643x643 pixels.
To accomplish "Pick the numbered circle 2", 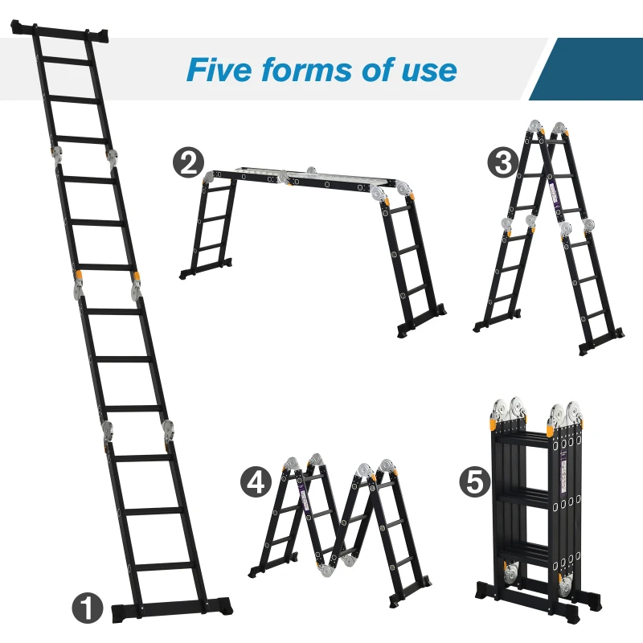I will (188, 163).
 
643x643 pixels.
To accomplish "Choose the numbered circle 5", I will (474, 481).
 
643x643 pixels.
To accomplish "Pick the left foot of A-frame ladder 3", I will (487, 325).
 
